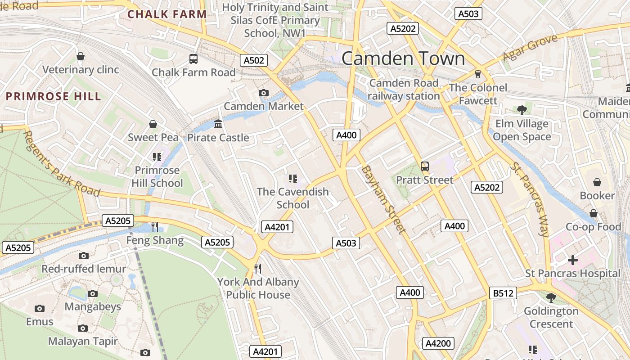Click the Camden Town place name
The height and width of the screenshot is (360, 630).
coord(403,59)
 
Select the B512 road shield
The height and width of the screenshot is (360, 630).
coord(503,293)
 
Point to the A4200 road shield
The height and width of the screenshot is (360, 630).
coord(438,343)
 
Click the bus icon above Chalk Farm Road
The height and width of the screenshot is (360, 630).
coord(193,58)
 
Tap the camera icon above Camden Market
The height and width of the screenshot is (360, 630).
coord(264,93)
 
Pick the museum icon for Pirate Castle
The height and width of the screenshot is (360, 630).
coord(218,124)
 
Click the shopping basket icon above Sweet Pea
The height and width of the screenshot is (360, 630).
coord(153,124)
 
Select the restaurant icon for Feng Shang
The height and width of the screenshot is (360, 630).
coord(155,226)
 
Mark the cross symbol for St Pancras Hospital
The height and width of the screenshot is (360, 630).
coord(572,260)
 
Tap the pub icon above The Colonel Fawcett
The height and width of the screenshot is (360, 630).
coord(477,74)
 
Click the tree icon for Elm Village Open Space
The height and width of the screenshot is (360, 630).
coord(522,109)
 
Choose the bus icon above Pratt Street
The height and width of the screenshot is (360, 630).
coord(424,166)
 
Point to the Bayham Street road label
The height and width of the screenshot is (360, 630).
coord(383,199)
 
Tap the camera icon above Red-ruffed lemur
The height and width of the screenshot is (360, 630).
coord(83,256)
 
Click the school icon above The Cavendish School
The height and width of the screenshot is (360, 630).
coord(293,179)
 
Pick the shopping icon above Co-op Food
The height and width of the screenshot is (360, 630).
coord(593,213)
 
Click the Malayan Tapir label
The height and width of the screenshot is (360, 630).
coord(83,341)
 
